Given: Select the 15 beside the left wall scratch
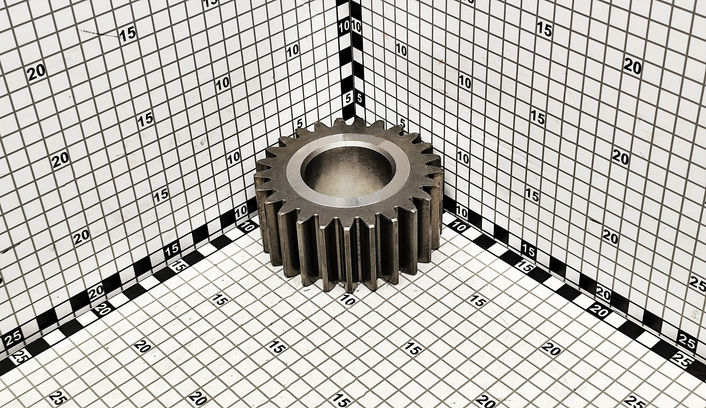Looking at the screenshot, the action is click(x=128, y=34).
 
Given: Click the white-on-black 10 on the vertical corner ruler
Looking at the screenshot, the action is click(x=345, y=26).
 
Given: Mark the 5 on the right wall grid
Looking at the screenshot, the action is click(x=402, y=122).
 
